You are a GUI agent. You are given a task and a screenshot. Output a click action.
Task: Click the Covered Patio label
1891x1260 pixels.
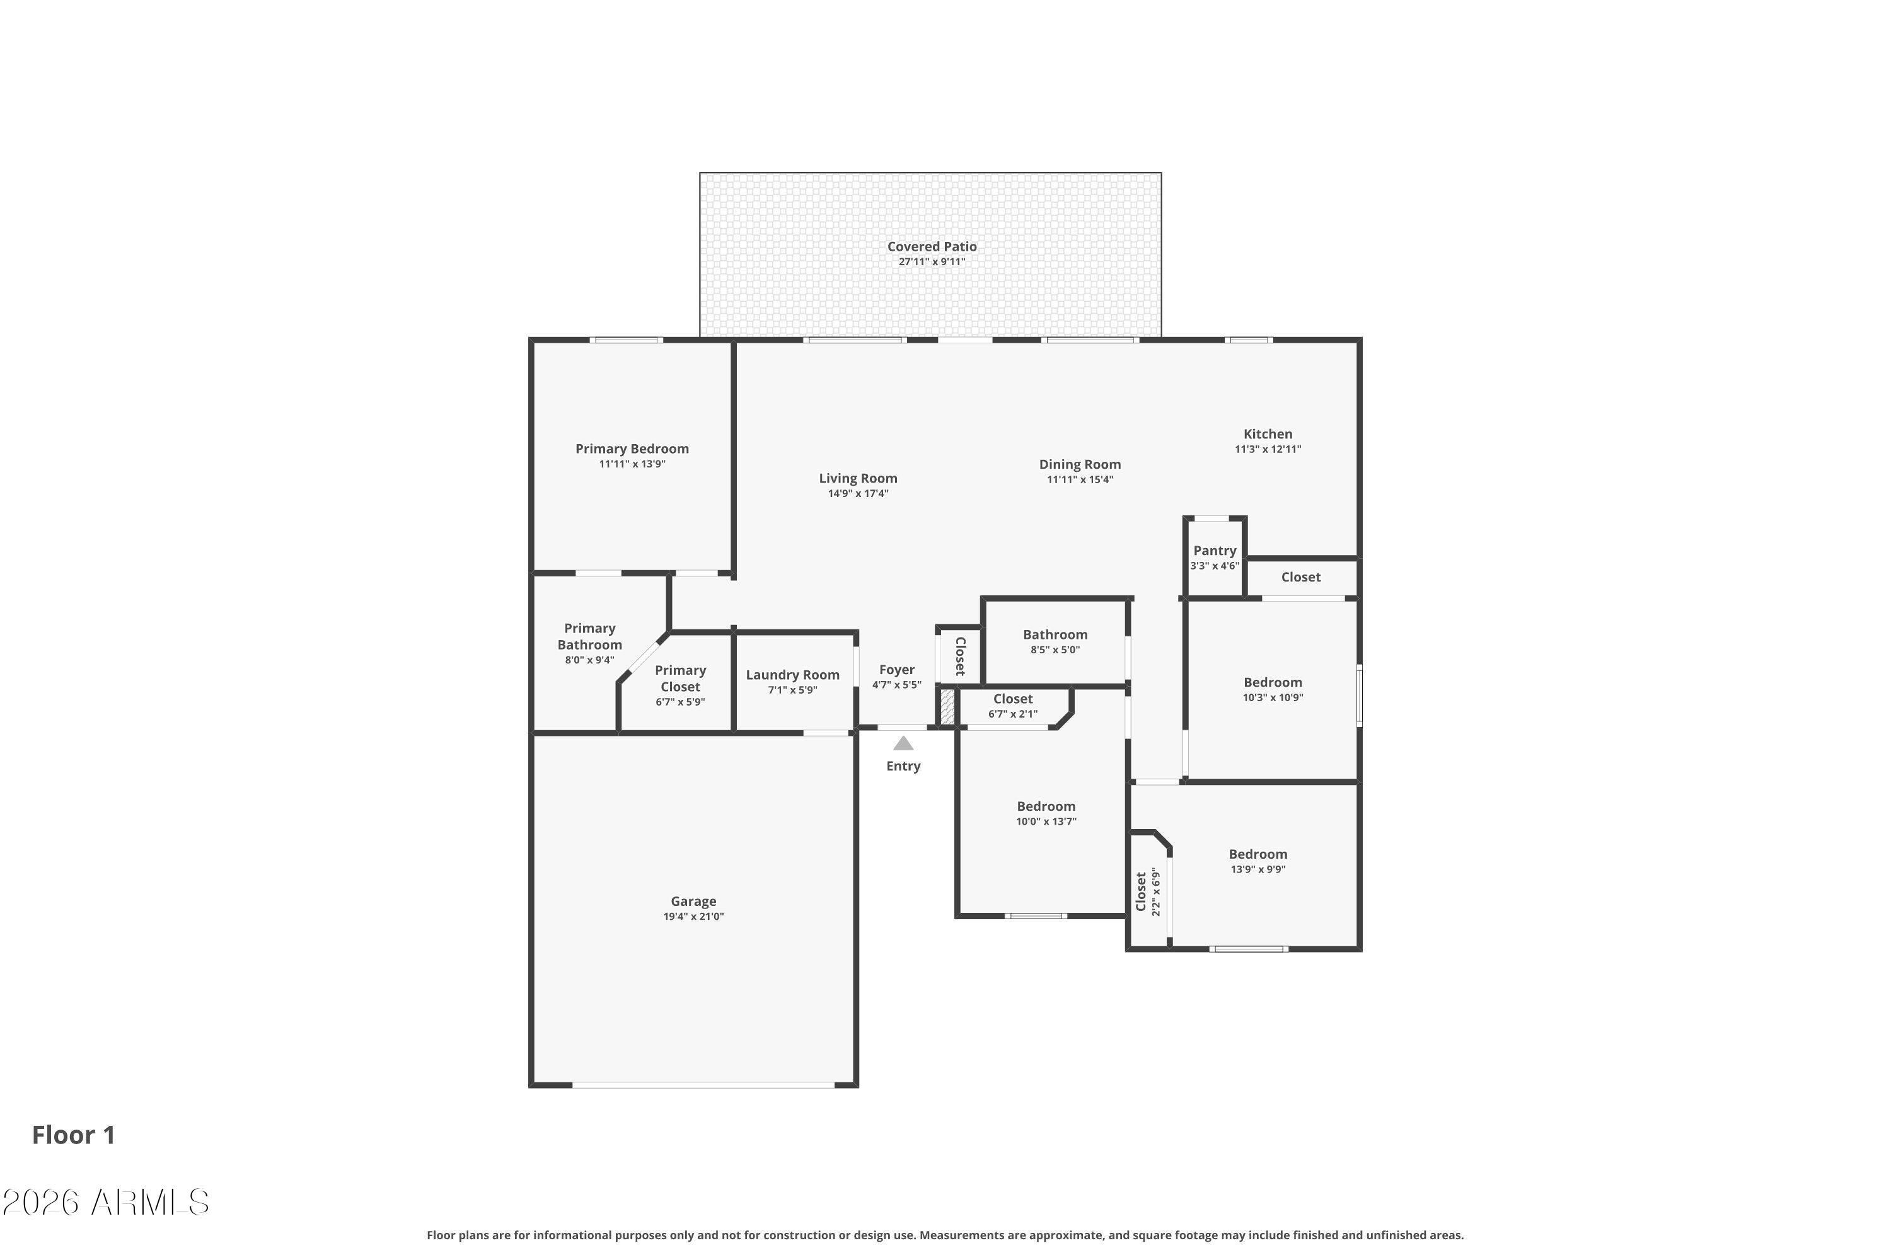[932, 247]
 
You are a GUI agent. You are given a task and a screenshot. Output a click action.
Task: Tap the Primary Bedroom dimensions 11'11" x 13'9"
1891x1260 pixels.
[632, 464]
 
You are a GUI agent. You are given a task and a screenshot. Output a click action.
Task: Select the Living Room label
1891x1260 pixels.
[858, 478]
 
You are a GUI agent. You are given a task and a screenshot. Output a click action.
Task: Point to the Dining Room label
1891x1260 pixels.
[1080, 464]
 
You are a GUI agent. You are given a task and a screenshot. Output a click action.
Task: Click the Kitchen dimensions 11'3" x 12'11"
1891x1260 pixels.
[1268, 449]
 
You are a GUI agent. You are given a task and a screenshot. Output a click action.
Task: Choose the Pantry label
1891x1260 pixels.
[1215, 551]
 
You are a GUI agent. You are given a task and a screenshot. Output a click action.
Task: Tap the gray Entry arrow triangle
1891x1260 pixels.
[903, 743]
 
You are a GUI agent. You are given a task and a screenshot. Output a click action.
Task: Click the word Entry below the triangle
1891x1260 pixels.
[903, 766]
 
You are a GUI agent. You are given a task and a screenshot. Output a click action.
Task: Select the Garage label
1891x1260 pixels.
[693, 902]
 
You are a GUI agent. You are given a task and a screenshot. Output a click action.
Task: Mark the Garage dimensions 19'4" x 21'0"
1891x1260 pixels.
[693, 916]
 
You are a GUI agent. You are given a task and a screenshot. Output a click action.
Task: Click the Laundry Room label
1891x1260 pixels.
[793, 675]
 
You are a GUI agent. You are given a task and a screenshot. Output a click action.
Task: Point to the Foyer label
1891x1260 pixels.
[896, 669]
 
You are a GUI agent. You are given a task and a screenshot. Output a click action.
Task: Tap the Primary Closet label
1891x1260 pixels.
[680, 679]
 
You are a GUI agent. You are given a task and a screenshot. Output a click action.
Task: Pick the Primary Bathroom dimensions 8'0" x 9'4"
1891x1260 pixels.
[589, 660]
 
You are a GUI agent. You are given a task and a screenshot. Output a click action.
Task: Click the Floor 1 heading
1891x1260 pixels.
[74, 1135]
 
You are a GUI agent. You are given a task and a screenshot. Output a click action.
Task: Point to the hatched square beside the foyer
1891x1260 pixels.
[947, 706]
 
